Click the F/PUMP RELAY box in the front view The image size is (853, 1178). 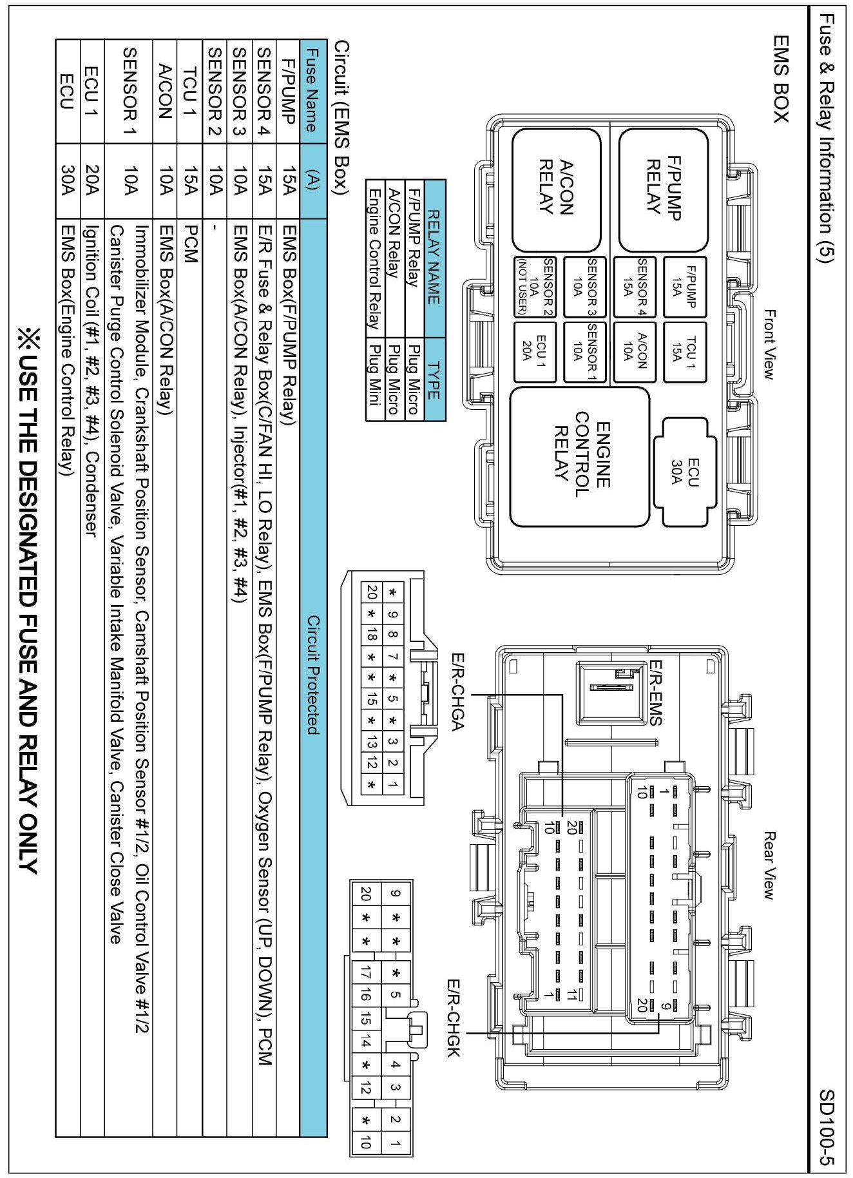663,190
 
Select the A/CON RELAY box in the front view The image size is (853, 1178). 556,190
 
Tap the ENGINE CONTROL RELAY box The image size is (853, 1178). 579,456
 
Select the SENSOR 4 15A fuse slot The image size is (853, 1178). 635,286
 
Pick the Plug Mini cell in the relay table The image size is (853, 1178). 373,381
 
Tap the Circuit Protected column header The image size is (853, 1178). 313,675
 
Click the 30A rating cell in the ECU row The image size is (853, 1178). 68,179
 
